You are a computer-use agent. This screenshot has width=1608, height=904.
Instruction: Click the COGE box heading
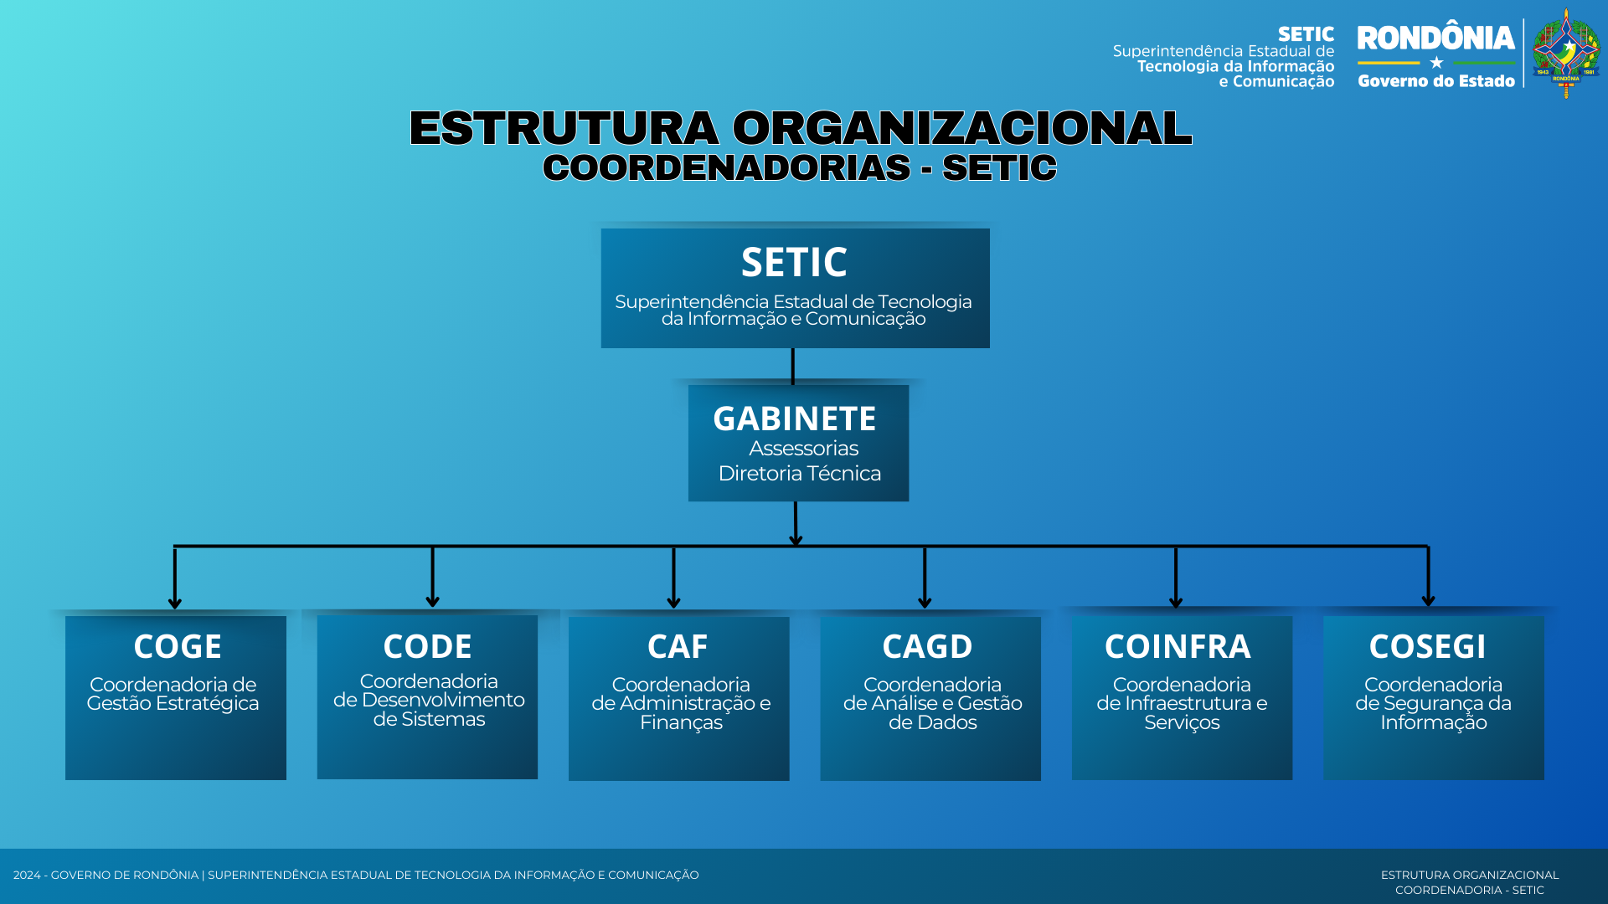(178, 646)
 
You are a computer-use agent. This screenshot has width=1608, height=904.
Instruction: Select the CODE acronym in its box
(428, 646)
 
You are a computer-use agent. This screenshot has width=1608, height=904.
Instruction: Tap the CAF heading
(678, 646)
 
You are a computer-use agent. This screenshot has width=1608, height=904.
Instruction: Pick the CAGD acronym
(927, 646)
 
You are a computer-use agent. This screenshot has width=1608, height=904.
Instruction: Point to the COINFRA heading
(1178, 646)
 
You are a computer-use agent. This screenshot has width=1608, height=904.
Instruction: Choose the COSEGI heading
(1427, 646)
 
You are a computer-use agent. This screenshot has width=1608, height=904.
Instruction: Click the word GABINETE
(794, 419)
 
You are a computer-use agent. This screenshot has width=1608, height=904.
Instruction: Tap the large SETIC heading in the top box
(794, 262)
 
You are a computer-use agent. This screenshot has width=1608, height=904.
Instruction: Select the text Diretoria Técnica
(800, 473)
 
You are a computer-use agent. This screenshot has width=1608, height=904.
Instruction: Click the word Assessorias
(804, 449)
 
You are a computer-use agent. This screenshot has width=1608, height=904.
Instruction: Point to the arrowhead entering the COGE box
(175, 603)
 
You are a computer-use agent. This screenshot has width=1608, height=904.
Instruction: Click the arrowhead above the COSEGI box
(1429, 600)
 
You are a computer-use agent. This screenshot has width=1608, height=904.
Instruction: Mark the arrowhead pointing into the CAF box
(674, 602)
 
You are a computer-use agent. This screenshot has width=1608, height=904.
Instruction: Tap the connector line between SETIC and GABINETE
(793, 367)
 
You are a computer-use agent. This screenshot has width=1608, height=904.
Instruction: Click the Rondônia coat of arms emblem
(1566, 54)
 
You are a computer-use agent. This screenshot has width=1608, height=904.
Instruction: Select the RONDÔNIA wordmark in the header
(1435, 39)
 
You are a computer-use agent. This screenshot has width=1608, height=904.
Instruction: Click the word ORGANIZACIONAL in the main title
(962, 128)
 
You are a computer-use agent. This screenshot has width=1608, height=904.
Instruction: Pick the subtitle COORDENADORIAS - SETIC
(800, 167)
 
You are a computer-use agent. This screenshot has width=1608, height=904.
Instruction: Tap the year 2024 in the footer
(27, 875)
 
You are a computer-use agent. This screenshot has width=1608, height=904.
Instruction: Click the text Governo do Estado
(1436, 81)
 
